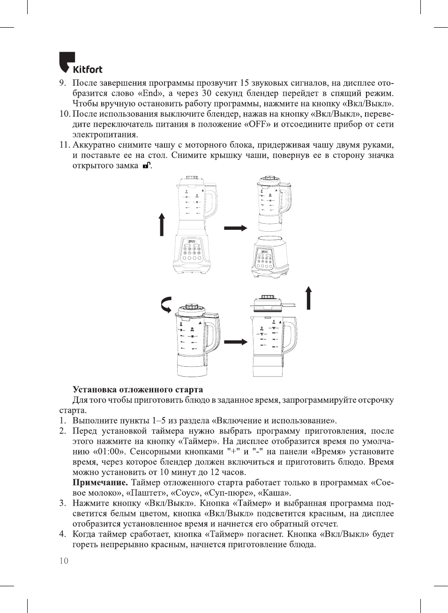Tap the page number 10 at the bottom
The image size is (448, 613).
click(x=64, y=561)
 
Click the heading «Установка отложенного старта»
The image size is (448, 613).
click(x=138, y=390)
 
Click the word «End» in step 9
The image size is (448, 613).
click(x=150, y=93)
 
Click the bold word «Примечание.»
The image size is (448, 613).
click(x=100, y=483)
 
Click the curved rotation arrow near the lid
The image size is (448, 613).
click(x=166, y=305)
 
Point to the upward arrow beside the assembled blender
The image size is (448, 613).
click(x=162, y=224)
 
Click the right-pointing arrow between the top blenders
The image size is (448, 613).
click(x=235, y=228)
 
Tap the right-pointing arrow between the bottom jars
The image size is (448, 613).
click(x=235, y=342)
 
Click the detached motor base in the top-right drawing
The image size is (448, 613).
click(x=269, y=257)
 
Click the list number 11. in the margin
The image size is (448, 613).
click(x=64, y=145)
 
